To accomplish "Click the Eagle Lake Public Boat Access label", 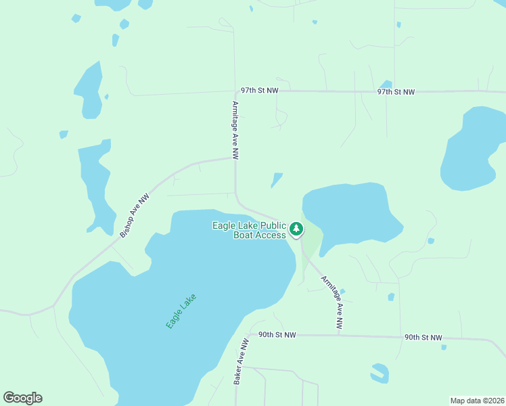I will point(249,230).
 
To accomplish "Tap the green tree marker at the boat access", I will point(296,229).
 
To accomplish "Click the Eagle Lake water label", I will point(181,311).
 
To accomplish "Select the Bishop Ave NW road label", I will point(134,216).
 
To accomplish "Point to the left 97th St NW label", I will point(260,90).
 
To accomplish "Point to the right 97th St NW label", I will point(396,91).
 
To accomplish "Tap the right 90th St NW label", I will point(423,337).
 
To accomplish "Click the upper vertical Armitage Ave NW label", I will point(235,130).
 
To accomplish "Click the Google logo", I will point(22,398).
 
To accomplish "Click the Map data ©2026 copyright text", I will point(477,400).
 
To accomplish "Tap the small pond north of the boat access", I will point(277,179).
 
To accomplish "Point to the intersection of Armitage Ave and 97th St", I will point(235,91).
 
